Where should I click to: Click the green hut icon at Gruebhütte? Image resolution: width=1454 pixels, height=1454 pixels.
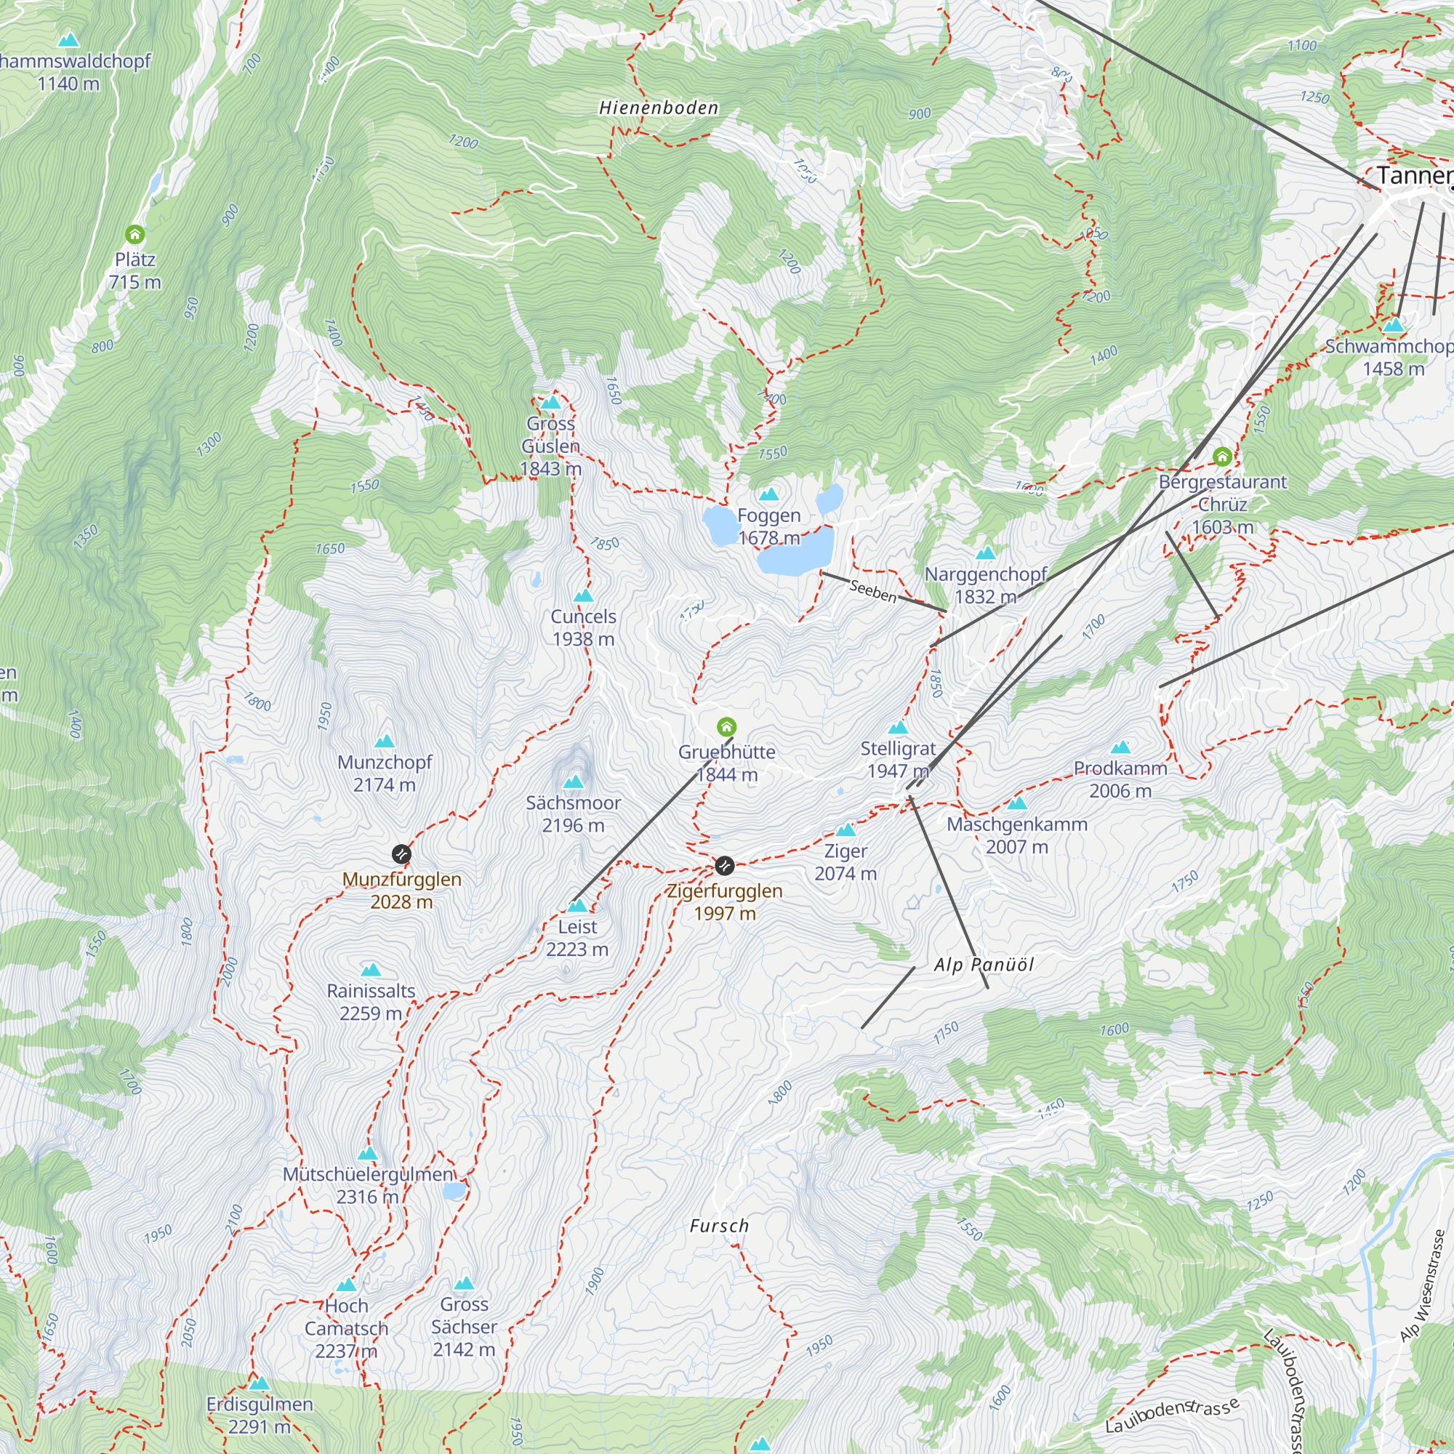(x=726, y=727)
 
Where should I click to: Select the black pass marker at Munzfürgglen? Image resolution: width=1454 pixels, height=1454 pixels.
(x=402, y=853)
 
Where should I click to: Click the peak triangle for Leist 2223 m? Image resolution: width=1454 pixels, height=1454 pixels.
(x=577, y=905)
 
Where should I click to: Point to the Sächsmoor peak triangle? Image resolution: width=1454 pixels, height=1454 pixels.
(x=574, y=782)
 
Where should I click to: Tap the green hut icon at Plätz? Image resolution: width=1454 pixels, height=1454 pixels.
(x=134, y=234)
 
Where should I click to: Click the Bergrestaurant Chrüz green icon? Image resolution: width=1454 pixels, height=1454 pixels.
(x=1222, y=456)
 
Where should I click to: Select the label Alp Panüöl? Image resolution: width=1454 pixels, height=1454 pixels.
(x=984, y=965)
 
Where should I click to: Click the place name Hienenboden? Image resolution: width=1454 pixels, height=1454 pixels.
(x=659, y=108)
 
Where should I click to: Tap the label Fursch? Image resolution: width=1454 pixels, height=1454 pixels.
(x=720, y=1226)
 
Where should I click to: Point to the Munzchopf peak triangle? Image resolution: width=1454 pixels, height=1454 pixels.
(x=385, y=742)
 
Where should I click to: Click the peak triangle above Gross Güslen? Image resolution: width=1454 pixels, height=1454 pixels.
(x=551, y=403)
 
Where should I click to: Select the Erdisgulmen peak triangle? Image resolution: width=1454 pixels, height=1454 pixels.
(x=260, y=1383)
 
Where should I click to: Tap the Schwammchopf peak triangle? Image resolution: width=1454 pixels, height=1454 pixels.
(x=1394, y=325)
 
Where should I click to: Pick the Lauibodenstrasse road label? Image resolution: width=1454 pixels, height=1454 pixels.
(x=1172, y=1415)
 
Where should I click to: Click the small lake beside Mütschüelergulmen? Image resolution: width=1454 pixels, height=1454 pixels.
(x=454, y=1191)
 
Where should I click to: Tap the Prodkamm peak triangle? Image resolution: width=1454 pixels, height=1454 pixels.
(x=1120, y=747)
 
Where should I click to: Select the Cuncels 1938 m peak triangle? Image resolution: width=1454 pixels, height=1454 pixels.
(x=583, y=596)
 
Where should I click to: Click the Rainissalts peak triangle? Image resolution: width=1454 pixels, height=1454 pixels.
(x=370, y=970)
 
